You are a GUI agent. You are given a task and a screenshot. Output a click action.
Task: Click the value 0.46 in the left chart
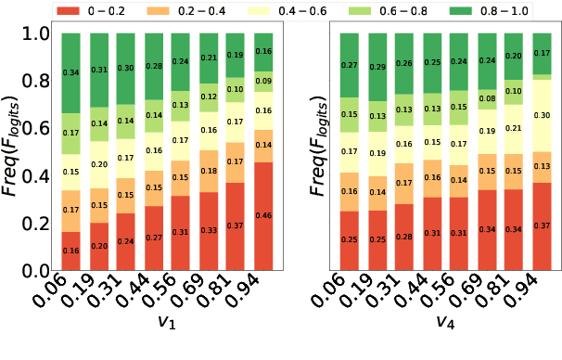click(x=263, y=215)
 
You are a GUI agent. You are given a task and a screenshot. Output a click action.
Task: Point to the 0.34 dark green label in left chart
click(x=70, y=72)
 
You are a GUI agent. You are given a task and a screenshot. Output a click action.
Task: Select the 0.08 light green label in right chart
click(x=486, y=97)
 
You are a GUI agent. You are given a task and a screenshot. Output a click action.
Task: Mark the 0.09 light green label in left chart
click(x=263, y=82)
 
